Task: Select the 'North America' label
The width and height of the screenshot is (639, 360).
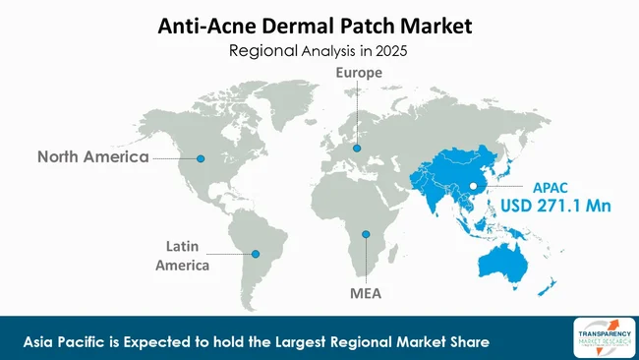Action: (x=93, y=156)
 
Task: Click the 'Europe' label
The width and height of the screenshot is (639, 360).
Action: (x=359, y=73)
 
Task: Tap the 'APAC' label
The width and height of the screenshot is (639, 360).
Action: (x=552, y=186)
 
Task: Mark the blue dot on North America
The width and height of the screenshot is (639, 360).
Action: (x=202, y=156)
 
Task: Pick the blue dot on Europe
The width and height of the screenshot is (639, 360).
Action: (x=357, y=149)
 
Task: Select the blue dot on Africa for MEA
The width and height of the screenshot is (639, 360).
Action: (x=365, y=233)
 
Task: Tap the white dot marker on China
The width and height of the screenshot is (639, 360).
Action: (x=472, y=186)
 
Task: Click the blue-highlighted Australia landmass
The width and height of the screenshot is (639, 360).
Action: (x=511, y=260)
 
